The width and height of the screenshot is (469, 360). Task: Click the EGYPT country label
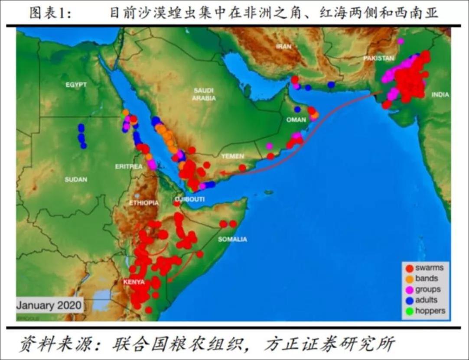(x=76, y=85)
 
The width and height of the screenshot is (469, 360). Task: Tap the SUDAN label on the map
(x=76, y=179)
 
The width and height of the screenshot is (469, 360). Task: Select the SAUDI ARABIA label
(x=204, y=94)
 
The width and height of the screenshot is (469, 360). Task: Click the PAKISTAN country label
(x=379, y=58)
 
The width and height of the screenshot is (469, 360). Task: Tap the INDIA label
(x=440, y=95)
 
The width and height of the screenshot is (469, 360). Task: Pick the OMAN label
(x=296, y=120)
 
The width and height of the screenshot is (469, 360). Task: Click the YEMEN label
(x=232, y=156)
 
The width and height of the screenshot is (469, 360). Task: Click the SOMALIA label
(x=232, y=239)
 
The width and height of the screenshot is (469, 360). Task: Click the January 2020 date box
(x=49, y=305)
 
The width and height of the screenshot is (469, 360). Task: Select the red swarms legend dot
(x=409, y=268)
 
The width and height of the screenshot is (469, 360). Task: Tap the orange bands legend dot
(x=409, y=279)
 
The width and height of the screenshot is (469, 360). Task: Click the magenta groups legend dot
(x=409, y=289)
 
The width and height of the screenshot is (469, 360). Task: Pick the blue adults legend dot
(x=409, y=300)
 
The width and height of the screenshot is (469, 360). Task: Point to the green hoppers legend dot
(x=409, y=311)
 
